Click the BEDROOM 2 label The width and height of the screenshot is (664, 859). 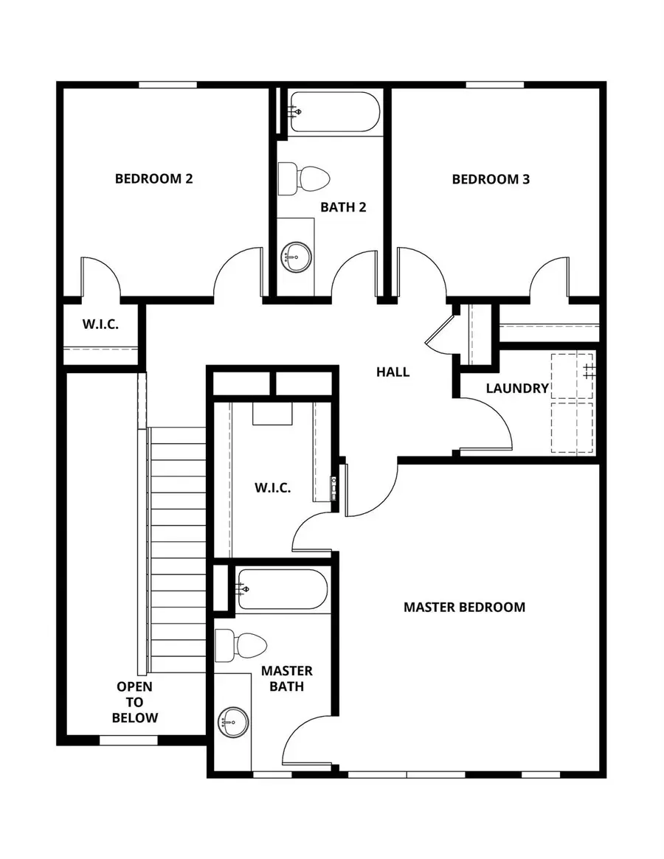pos(153,178)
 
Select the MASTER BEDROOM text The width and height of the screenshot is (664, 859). pos(464,607)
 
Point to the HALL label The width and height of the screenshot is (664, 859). pos(392,372)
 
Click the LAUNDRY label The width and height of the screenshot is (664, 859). pos(517,388)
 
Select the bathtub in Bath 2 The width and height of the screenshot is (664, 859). pos(334,112)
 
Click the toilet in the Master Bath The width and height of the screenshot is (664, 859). pos(241,647)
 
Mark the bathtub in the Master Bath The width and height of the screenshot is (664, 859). pos(281,589)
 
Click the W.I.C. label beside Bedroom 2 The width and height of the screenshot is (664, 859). pos(100,324)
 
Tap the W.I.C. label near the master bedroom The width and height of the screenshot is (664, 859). pos(272,487)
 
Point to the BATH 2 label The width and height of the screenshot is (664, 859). pos(343,207)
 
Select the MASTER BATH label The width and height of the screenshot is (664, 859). pos(287,678)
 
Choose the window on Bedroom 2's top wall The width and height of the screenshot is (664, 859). pos(167,85)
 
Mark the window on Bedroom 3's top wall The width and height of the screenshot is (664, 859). pos(491,85)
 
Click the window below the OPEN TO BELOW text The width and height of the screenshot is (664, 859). pos(128,740)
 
